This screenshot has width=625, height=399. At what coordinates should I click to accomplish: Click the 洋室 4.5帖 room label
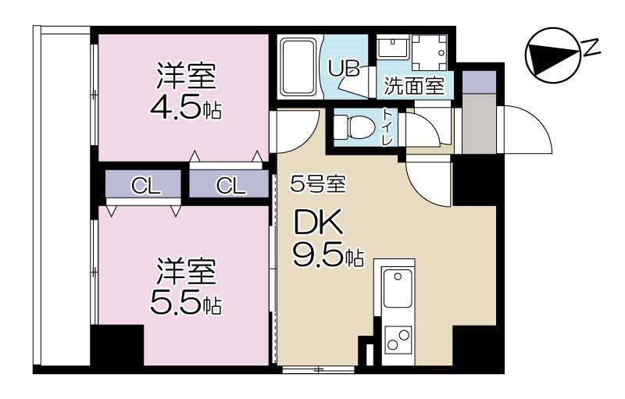186,91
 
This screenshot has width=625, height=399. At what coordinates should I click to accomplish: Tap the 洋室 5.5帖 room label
186,286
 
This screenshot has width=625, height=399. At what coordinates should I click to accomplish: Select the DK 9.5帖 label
327,238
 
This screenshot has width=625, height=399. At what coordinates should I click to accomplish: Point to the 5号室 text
318,183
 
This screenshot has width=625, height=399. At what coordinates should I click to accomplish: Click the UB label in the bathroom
344,68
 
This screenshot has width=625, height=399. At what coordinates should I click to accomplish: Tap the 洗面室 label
414,85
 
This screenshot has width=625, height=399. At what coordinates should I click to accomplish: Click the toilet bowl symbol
355,127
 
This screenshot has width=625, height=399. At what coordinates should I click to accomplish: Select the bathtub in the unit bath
300,67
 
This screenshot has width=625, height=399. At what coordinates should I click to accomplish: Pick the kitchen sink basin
398,288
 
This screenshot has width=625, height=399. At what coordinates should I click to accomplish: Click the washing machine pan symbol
430,52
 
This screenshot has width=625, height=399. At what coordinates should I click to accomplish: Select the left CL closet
144,184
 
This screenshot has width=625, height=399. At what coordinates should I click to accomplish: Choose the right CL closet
229,184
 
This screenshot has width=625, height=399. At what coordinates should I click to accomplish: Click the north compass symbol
552,55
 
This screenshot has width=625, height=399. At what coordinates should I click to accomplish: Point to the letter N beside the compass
593,48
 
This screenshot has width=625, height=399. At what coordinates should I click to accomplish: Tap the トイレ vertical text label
387,127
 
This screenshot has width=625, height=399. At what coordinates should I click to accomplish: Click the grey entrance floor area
479,124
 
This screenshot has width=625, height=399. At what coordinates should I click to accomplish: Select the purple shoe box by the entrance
479,83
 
